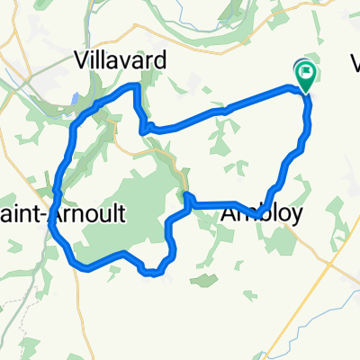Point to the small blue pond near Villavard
tap(76, 98)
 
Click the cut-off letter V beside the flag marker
tap(353, 63)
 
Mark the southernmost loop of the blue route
tap(155, 271)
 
